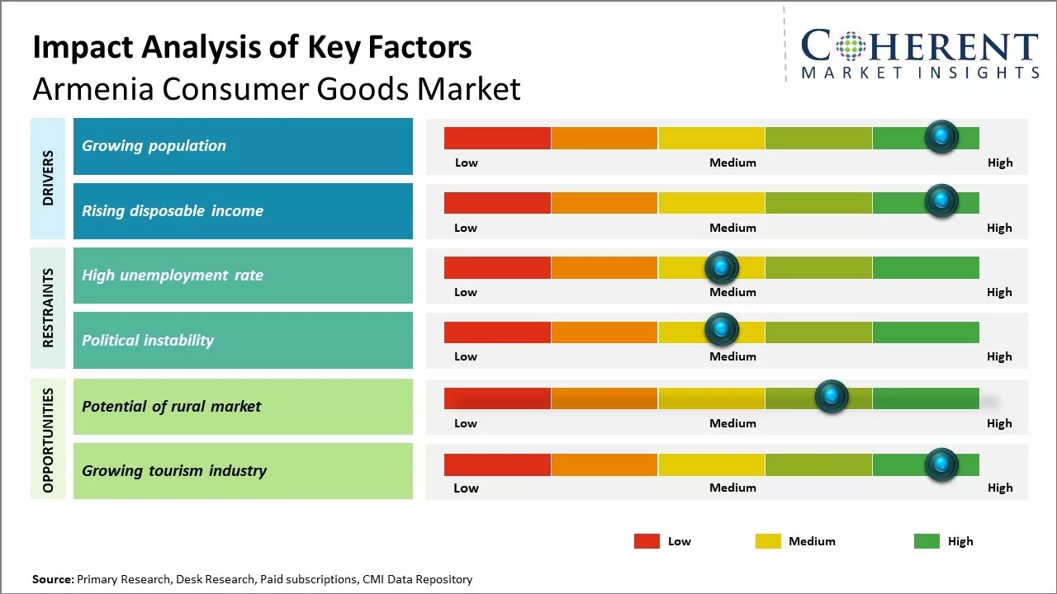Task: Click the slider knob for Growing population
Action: point(941,136)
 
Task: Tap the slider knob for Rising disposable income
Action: point(941,200)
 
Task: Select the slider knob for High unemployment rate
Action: point(722,266)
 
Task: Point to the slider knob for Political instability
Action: point(722,329)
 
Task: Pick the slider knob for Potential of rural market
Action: point(832,397)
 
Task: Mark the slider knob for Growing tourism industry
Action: point(941,464)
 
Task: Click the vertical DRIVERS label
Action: point(48,177)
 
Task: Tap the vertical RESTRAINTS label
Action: point(48,308)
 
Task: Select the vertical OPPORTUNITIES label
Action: point(48,440)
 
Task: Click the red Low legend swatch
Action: point(647,541)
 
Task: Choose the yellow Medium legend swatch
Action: point(768,541)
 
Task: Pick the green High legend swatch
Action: point(927,541)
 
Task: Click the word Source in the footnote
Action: point(53,579)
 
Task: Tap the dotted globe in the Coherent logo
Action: point(851,46)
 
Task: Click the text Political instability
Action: point(148,340)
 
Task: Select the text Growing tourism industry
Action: point(174,471)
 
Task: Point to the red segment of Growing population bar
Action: point(497,138)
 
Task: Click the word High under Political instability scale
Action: point(999,356)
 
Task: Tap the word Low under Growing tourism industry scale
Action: point(466,488)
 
